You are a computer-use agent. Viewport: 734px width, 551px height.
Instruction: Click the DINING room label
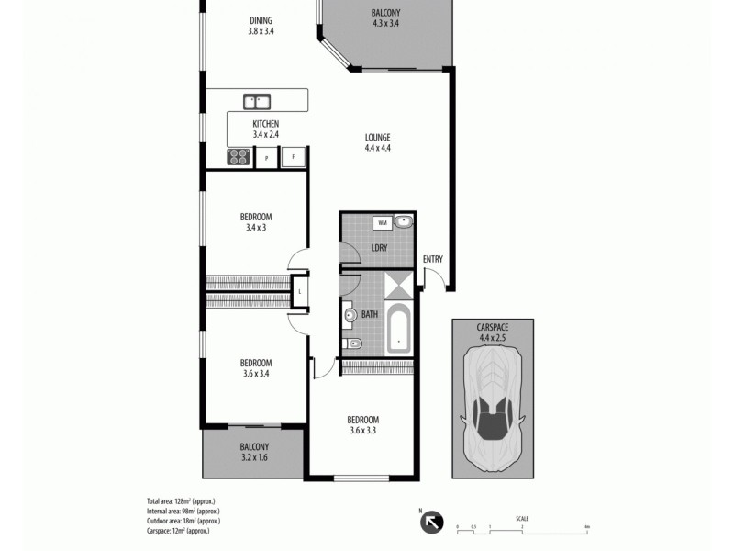261,21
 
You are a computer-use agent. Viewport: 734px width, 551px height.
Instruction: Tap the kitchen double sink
256,102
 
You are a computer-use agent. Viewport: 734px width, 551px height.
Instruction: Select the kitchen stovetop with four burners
239,157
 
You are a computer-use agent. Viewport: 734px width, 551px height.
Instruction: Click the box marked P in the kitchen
267,158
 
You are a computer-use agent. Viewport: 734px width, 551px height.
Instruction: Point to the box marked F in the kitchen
294,157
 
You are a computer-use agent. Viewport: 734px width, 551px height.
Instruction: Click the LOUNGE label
377,138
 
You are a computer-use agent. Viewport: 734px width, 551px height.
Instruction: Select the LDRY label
378,248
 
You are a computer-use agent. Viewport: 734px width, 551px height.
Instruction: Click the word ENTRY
433,259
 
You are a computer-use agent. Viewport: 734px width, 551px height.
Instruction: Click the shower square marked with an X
399,286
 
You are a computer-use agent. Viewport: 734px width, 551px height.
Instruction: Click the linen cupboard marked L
300,293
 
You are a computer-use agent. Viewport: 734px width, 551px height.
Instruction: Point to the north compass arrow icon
430,523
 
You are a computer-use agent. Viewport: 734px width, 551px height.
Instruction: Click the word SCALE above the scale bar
522,519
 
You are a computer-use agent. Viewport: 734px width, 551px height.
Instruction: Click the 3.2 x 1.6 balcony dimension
254,456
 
